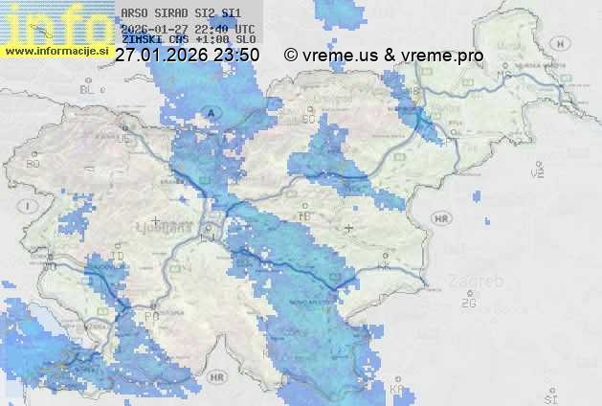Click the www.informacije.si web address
click(x=56, y=51)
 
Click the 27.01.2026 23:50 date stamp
click(x=187, y=56)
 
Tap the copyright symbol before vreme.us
click(x=291, y=56)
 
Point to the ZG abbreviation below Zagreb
click(x=468, y=304)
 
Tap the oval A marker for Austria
click(x=212, y=113)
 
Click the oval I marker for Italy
click(x=30, y=206)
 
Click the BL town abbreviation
click(x=89, y=89)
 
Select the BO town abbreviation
click(x=33, y=164)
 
